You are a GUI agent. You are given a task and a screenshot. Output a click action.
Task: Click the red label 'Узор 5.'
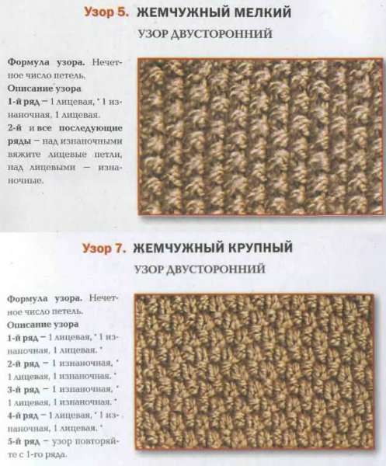tap(108, 12)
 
